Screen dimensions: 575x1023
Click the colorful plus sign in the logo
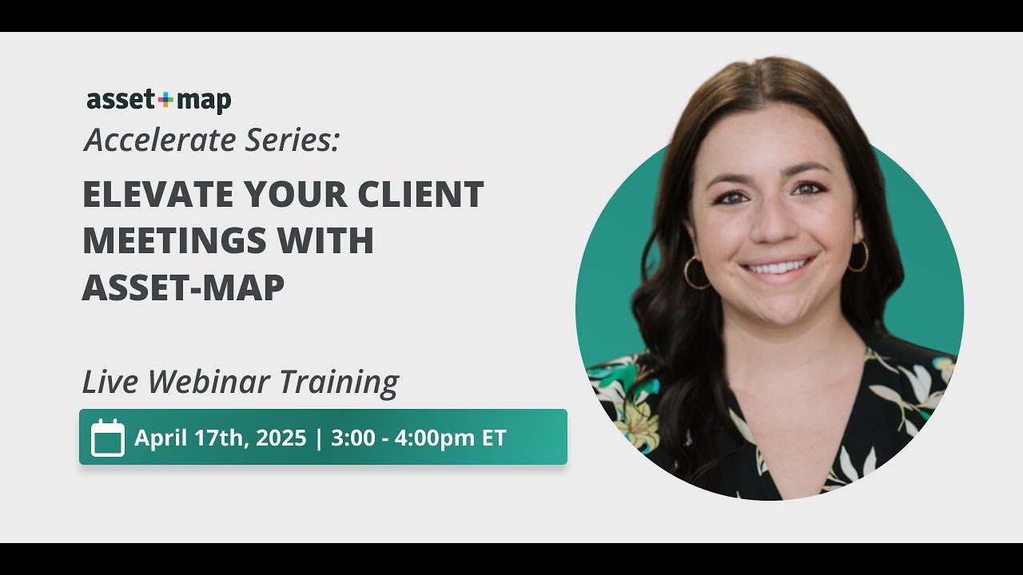click(165, 101)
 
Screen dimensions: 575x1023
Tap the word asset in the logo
click(121, 101)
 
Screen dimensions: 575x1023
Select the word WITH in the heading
click(334, 241)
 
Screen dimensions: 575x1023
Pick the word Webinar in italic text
click(210, 382)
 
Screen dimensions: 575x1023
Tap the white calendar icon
click(107, 438)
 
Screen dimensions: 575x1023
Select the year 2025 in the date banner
click(281, 438)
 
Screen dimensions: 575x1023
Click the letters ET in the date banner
click(493, 438)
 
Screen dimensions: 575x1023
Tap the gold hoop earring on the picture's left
click(695, 272)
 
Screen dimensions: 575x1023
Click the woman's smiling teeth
click(778, 267)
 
